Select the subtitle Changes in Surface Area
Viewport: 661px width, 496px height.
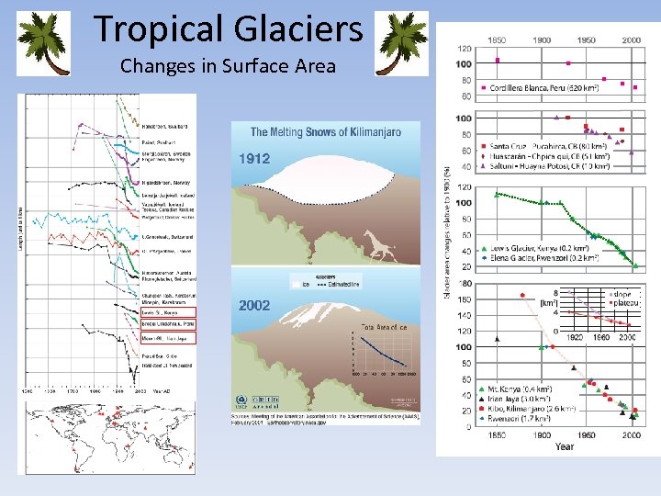(228, 66)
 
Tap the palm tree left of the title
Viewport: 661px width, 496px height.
(45, 42)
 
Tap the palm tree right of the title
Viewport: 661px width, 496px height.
(402, 42)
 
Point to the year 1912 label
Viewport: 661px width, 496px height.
(254, 159)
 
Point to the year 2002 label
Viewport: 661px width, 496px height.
(254, 304)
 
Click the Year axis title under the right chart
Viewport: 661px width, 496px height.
(564, 446)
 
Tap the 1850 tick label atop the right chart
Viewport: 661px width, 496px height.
(497, 40)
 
